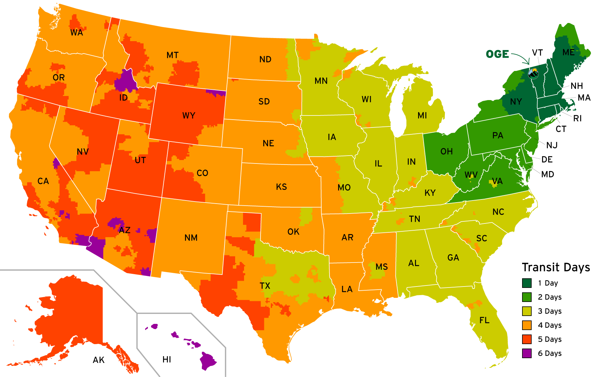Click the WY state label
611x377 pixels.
coord(189,115)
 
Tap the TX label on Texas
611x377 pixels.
coord(265,286)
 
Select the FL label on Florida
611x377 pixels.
coord(484,320)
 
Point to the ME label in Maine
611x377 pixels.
coord(568,52)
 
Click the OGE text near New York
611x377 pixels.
coord(497,54)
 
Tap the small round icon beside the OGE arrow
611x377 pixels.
coord(533,73)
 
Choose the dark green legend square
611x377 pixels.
coord(527,283)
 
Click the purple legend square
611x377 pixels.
coord(527,353)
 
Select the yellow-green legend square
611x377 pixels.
coord(527,311)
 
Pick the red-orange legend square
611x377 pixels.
coord(527,339)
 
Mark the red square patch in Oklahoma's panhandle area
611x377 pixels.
coord(252,222)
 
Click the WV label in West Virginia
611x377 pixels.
coord(471,175)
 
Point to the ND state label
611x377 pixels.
coord(265,60)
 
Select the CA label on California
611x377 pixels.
coord(43,181)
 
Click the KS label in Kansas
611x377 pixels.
coord(281,187)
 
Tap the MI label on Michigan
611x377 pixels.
coord(422,116)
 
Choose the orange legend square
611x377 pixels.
coord(527,325)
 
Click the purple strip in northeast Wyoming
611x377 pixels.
coord(216,93)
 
